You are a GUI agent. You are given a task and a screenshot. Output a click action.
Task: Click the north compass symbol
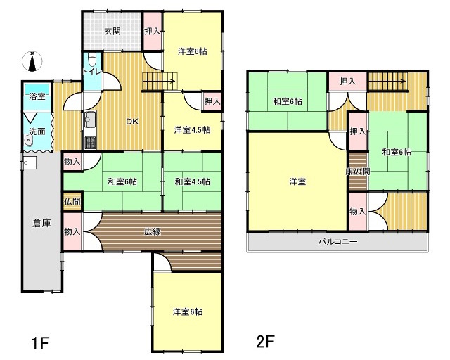pyautogui.click(x=32, y=61)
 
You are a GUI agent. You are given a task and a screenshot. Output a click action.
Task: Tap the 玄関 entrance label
pyautogui.click(x=112, y=31)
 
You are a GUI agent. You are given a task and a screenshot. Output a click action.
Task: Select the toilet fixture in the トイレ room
pyautogui.click(x=92, y=60)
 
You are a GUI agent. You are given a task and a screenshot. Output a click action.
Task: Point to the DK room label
pyautogui.click(x=132, y=122)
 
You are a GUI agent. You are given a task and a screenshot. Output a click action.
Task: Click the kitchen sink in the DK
pyautogui.click(x=90, y=119)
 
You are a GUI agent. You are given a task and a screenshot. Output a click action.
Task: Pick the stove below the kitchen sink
pyautogui.click(x=90, y=142)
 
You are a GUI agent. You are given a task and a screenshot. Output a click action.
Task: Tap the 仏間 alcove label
pyautogui.click(x=72, y=201)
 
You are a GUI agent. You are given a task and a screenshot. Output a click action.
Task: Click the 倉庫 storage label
pyautogui.click(x=41, y=223)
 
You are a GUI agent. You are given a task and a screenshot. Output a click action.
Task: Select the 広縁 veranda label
pyautogui.click(x=153, y=231)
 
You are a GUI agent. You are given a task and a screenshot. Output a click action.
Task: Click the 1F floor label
pyautogui.click(x=41, y=343)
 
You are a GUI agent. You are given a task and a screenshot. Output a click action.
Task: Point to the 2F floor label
pyautogui.click(x=266, y=341)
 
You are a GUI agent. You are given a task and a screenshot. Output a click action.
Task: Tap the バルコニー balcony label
pyautogui.click(x=337, y=241)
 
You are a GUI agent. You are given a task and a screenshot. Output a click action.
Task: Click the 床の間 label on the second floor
pyautogui.click(x=358, y=172)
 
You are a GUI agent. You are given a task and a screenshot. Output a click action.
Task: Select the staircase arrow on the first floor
pyautogui.click(x=159, y=82)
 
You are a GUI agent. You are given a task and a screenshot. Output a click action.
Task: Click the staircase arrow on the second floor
pyautogui.click(x=387, y=82)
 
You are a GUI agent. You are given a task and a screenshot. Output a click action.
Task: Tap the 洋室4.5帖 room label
pyautogui.click(x=192, y=130)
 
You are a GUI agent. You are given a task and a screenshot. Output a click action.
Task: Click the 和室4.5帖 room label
pyautogui.click(x=192, y=181)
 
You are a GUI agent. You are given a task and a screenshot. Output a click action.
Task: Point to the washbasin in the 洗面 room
pyautogui.click(x=29, y=141)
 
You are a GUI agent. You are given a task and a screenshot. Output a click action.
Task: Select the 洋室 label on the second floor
pyautogui.click(x=297, y=181)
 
